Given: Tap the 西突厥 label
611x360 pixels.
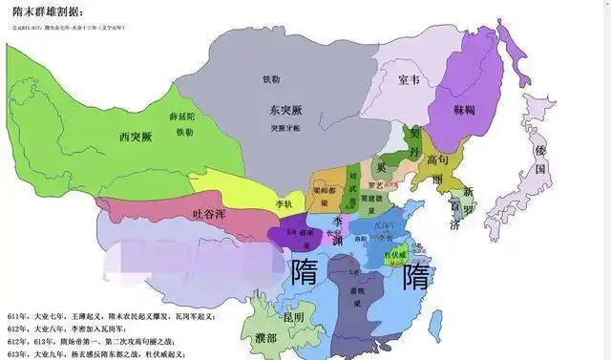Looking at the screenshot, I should click(135, 137).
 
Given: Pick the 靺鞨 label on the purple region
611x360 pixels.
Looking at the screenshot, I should click(464, 111).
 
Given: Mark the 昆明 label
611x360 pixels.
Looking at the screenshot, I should click(293, 315).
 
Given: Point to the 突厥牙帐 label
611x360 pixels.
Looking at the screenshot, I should click(285, 126).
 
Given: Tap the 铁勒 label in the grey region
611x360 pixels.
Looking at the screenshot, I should click(270, 79).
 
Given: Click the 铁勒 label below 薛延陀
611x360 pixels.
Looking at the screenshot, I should click(184, 132).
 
